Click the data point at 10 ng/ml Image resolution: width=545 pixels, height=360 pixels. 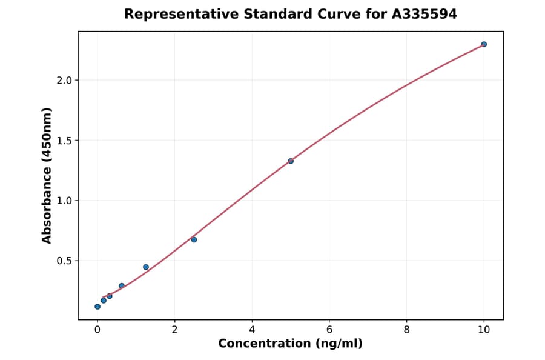pyautogui.click(x=484, y=44)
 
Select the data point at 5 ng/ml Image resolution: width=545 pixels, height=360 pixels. pyautogui.click(x=291, y=161)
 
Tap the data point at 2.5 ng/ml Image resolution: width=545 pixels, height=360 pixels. pyautogui.click(x=194, y=239)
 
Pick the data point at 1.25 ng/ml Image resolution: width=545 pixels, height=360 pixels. pyautogui.click(x=146, y=267)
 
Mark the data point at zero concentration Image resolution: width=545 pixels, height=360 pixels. pyautogui.click(x=97, y=307)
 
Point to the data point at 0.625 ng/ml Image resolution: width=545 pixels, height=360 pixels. pyautogui.click(x=122, y=285)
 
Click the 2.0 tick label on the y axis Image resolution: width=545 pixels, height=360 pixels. pyautogui.click(x=64, y=81)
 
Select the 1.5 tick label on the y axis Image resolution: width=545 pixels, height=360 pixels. pyautogui.click(x=64, y=141)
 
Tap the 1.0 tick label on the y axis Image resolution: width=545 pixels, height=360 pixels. pyautogui.click(x=64, y=201)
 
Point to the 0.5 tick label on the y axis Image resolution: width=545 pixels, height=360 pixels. pyautogui.click(x=64, y=261)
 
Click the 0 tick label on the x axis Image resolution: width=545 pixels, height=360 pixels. pyautogui.click(x=97, y=330)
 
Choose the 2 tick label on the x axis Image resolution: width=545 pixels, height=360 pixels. pyautogui.click(x=174, y=330)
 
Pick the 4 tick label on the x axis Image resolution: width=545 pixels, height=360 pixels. pyautogui.click(x=252, y=330)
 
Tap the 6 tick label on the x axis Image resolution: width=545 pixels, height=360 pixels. pyautogui.click(x=329, y=330)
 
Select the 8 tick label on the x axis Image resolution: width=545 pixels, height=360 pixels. pyautogui.click(x=406, y=330)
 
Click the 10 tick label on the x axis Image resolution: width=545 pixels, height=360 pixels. pyautogui.click(x=484, y=330)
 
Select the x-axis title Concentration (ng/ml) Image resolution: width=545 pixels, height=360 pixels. pyautogui.click(x=290, y=344)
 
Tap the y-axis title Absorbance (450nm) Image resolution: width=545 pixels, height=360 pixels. pyautogui.click(x=47, y=175)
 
